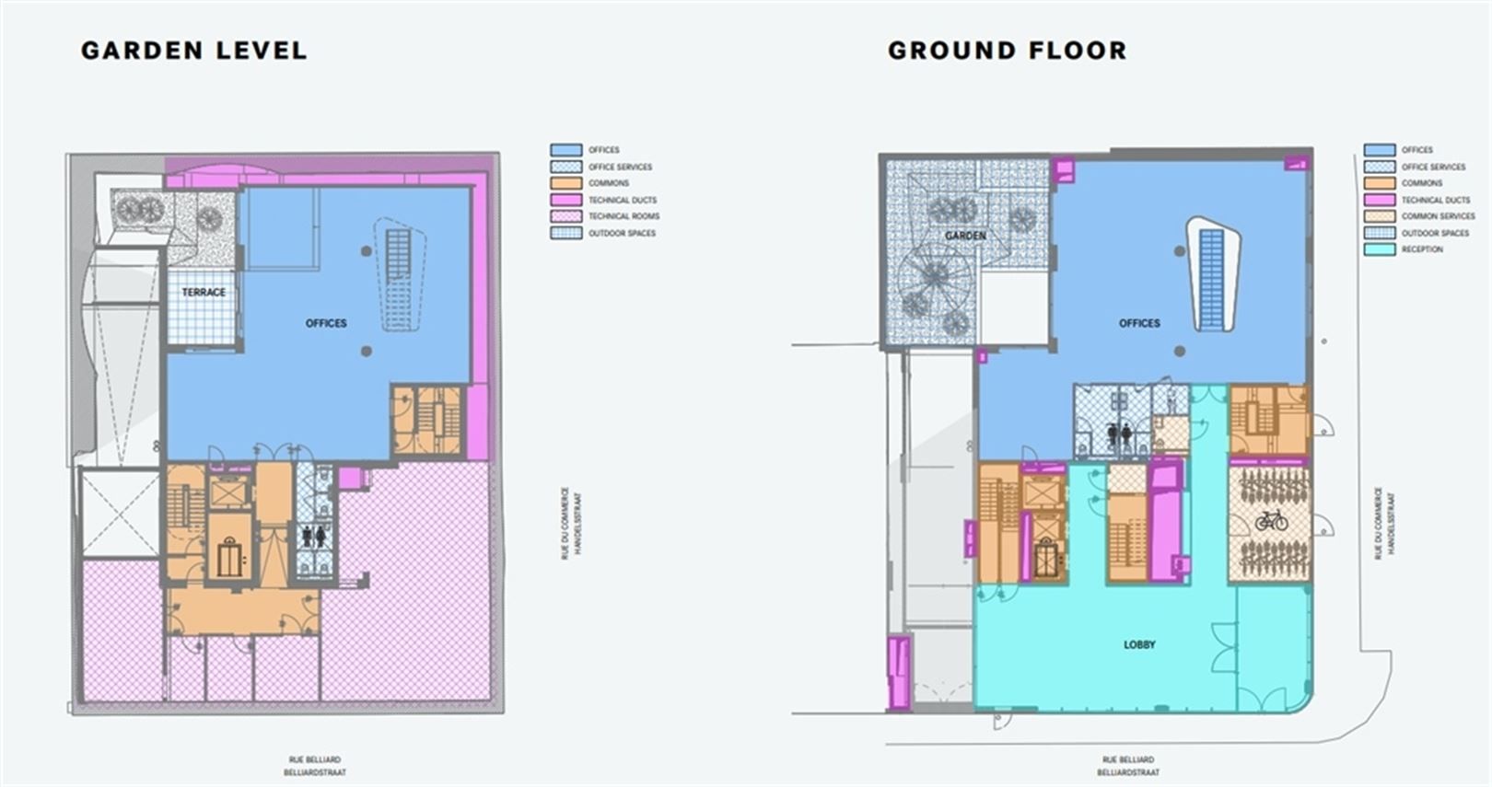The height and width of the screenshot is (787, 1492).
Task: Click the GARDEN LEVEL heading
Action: [x=193, y=50]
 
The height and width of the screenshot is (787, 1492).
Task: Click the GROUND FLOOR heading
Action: [x=1007, y=50]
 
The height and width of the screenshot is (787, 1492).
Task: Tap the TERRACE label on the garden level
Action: [x=204, y=292]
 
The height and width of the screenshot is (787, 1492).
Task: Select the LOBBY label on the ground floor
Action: [x=1139, y=644]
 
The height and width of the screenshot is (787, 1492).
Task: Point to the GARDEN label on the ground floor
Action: [x=964, y=236]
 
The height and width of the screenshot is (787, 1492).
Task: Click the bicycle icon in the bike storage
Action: [x=1271, y=521]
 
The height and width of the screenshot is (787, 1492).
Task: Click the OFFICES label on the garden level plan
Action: [x=326, y=323]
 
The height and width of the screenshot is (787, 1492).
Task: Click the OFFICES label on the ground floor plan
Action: [x=1139, y=323]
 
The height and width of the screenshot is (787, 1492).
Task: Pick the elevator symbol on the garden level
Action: [x=229, y=558]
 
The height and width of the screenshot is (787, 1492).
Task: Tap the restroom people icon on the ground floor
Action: [x=1120, y=434]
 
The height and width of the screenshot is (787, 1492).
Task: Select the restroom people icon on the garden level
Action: [x=312, y=536]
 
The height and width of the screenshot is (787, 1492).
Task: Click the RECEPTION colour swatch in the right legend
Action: [x=1379, y=249]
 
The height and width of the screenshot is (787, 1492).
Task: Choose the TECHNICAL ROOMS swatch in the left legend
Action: [x=565, y=216]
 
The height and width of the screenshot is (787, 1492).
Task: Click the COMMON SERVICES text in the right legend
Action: [x=1438, y=216]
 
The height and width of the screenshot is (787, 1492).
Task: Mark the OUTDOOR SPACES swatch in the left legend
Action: [x=565, y=233]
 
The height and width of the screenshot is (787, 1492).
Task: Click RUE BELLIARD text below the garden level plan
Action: [x=315, y=760]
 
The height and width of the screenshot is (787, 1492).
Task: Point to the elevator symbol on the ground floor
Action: [x=1043, y=558]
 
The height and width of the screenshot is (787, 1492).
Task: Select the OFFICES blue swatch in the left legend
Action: [x=565, y=150]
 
